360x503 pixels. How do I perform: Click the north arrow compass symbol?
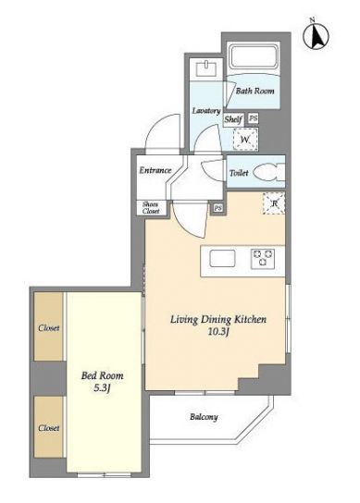[317, 35]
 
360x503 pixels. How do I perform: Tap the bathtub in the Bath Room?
[254, 56]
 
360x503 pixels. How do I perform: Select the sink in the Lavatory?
[205, 68]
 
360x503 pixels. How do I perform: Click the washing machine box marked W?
[245, 140]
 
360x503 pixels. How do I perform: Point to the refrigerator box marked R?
[274, 202]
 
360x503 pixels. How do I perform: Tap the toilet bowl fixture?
[269, 173]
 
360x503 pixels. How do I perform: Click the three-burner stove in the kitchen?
[263, 259]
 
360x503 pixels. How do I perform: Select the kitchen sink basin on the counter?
[222, 258]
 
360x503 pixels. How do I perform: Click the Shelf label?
[233, 119]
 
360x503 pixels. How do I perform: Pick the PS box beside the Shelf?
[253, 118]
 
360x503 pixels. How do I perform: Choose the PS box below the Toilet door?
[218, 208]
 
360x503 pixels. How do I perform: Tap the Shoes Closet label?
[151, 207]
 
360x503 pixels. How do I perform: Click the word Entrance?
[155, 170]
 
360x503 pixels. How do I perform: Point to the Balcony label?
[204, 417]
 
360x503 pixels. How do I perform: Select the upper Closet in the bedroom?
[48, 326]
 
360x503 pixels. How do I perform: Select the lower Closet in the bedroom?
[48, 427]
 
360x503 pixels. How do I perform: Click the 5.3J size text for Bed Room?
[102, 388]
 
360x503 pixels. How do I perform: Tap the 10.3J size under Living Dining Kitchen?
[218, 332]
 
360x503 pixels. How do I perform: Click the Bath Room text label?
[255, 92]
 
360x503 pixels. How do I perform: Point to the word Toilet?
[239, 173]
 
